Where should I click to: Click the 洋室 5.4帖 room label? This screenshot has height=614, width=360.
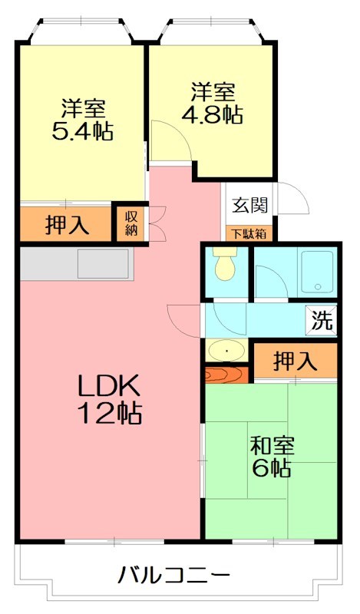(82, 120)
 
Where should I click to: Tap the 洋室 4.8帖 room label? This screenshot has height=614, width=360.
(213, 104)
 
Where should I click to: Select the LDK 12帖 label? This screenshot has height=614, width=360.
(108, 399)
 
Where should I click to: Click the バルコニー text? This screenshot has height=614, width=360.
(174, 574)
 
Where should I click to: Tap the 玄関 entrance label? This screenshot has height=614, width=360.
(250, 205)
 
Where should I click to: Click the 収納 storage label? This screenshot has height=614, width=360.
(131, 223)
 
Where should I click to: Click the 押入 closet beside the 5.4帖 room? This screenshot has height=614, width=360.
(67, 225)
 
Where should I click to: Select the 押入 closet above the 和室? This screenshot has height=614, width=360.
(296, 359)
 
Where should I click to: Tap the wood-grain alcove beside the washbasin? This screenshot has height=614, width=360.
(226, 375)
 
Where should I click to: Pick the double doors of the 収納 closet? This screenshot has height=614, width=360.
(156, 223)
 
